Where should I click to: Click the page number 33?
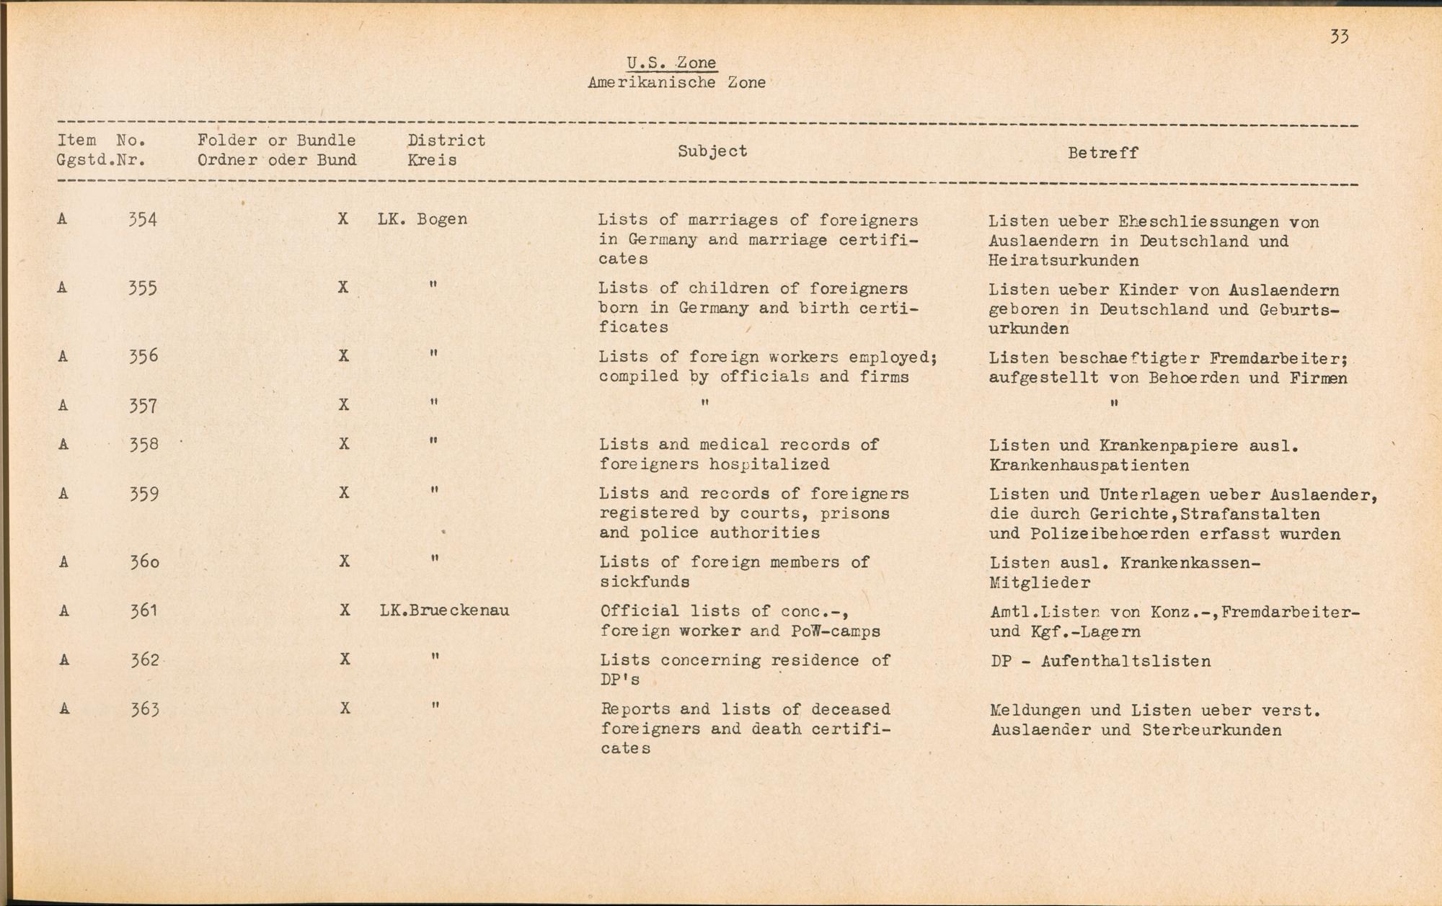(x=1339, y=37)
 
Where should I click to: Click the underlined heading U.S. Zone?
(x=671, y=63)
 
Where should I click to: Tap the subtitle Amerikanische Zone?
(x=676, y=83)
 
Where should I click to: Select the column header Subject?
(x=712, y=151)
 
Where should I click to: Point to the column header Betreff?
(x=1102, y=153)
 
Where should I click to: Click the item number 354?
(x=142, y=219)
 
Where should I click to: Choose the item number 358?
(x=143, y=445)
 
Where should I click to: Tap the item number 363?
(x=144, y=709)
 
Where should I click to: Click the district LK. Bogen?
(x=422, y=219)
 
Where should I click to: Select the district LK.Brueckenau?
(x=444, y=611)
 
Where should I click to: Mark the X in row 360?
(x=345, y=561)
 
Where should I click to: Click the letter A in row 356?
(x=63, y=356)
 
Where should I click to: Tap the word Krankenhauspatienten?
(x=1089, y=466)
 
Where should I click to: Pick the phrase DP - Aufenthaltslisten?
(x=1101, y=661)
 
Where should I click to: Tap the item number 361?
(x=143, y=611)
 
